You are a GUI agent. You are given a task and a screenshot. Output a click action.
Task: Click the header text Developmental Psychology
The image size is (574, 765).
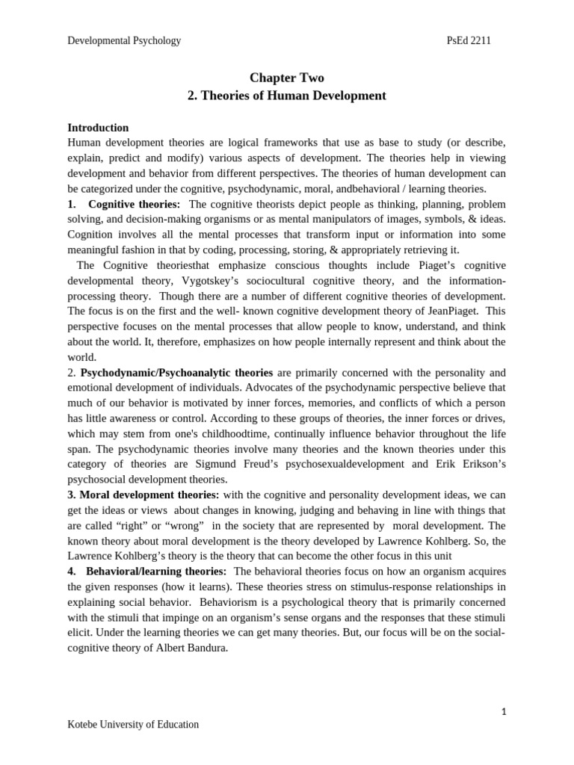click(x=124, y=40)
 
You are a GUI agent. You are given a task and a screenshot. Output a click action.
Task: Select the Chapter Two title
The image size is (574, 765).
click(x=286, y=78)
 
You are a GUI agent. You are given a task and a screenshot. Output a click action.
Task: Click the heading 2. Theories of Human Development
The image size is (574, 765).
click(x=286, y=96)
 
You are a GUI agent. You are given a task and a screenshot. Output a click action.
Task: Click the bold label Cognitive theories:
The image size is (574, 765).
click(x=134, y=204)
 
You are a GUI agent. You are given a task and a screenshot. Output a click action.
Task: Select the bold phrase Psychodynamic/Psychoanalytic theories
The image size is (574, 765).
click(x=176, y=372)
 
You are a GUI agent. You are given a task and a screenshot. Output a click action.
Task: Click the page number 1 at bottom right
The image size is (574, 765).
click(x=504, y=712)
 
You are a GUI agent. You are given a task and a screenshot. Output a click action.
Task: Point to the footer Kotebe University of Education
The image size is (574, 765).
click(x=133, y=724)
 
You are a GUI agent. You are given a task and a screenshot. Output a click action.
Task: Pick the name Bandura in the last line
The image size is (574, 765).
click(x=205, y=648)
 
